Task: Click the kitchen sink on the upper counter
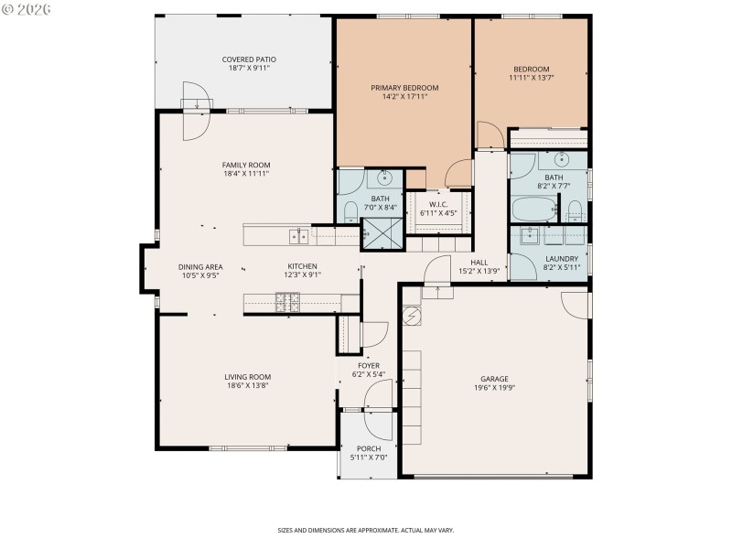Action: point(298,236)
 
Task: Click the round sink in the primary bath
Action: point(385,178)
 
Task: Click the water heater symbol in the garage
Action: point(413,316)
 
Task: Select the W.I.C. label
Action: point(438,203)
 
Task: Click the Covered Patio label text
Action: point(249,59)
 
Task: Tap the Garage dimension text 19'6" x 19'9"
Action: point(494,387)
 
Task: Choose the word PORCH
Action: point(369,448)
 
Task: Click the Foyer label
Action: point(369,365)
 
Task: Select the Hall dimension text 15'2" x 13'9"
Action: point(479,271)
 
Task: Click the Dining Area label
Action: point(200,266)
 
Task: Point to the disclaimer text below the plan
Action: point(366,530)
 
